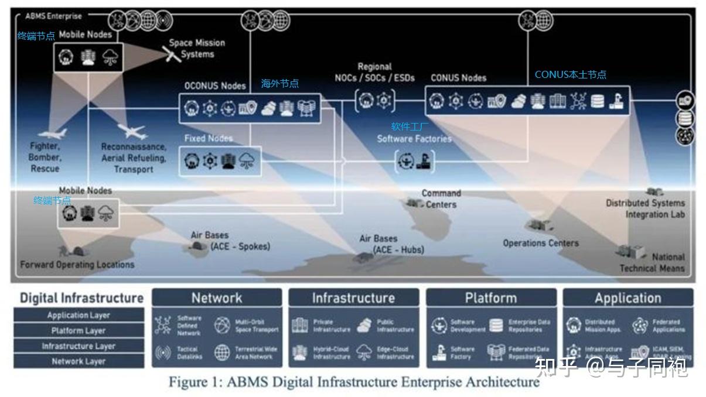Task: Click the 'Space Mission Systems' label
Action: point(197,49)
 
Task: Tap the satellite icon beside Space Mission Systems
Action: point(170,54)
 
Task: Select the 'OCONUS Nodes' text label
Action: point(215,85)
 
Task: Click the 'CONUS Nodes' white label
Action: point(458,77)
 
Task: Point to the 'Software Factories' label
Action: point(414,139)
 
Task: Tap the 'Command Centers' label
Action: point(441,198)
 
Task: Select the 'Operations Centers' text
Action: point(540,243)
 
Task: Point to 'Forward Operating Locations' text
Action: point(77,265)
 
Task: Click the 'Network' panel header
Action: point(216,298)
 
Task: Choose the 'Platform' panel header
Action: point(490,298)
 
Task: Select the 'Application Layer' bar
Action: point(79,315)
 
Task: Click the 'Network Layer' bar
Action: point(79,361)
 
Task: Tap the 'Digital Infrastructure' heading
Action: point(81,297)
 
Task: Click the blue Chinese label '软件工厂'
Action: point(410,126)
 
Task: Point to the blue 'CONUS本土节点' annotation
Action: point(570,75)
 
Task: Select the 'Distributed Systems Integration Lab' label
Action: point(645,208)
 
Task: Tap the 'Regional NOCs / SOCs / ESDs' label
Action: point(375,72)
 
